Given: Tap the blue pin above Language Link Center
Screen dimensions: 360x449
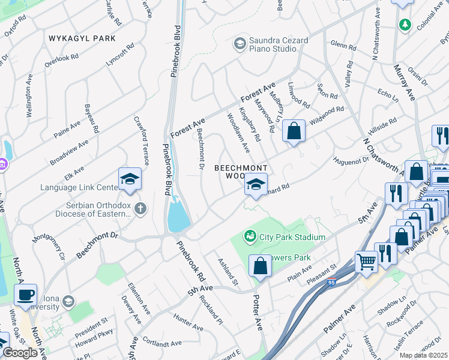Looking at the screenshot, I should (130, 179).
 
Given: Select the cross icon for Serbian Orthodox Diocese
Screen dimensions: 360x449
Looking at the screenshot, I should (140, 208).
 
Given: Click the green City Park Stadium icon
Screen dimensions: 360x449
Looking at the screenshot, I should (250, 237).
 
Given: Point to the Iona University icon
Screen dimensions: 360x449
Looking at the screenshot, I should (68, 301).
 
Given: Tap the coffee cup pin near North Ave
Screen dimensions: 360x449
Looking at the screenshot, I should (25, 295).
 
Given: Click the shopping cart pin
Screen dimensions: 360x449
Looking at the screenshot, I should (366, 262).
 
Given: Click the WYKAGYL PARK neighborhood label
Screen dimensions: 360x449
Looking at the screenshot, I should (83, 38).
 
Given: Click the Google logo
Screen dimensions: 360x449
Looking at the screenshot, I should (20, 353).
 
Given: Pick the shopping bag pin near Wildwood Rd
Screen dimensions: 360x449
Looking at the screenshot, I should (294, 131).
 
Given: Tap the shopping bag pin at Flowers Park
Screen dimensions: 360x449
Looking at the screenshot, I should (260, 266).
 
